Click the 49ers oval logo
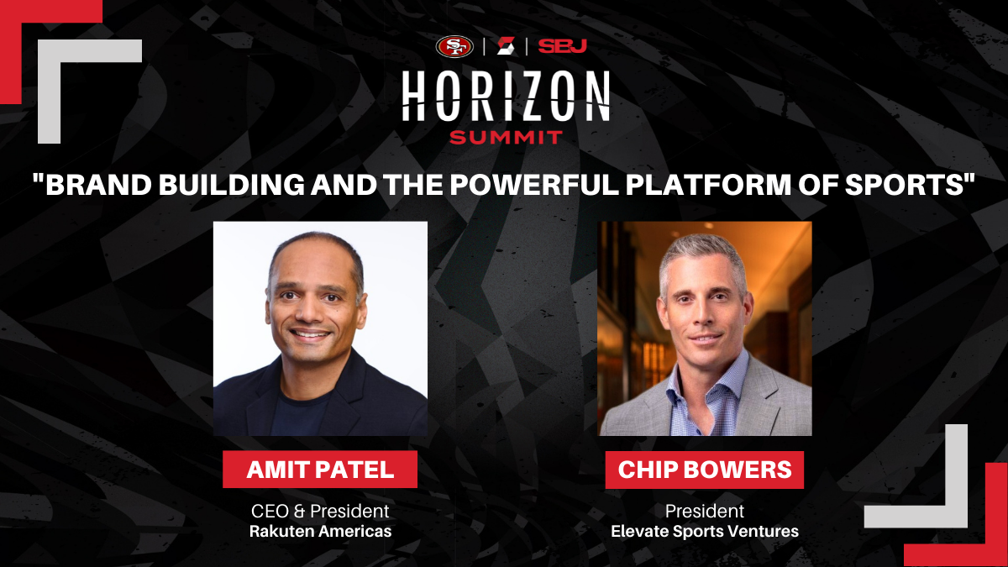coord(454,47)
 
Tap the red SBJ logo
coord(563,46)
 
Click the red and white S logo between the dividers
coord(506,46)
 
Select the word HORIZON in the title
coord(506,96)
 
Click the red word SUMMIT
coord(506,138)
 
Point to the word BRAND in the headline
coord(99,185)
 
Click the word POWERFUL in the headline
coord(535,185)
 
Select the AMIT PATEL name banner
coord(320,470)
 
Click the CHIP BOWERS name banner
coord(704,470)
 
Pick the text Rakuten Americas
coord(320,532)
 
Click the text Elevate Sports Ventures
coord(705,532)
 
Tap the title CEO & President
coord(320,512)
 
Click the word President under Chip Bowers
coord(705,512)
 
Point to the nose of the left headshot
coord(310,312)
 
